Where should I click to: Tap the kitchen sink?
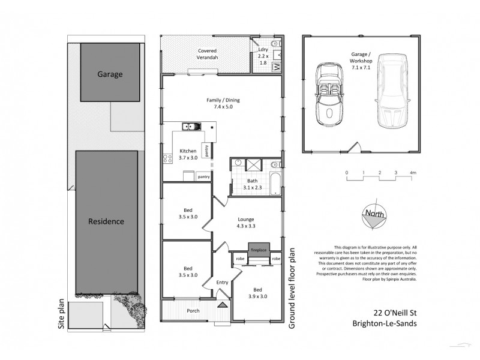(193, 127)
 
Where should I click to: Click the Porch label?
(193, 311)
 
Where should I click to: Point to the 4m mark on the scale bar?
(412, 173)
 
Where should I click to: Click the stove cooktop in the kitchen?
(167, 160)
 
